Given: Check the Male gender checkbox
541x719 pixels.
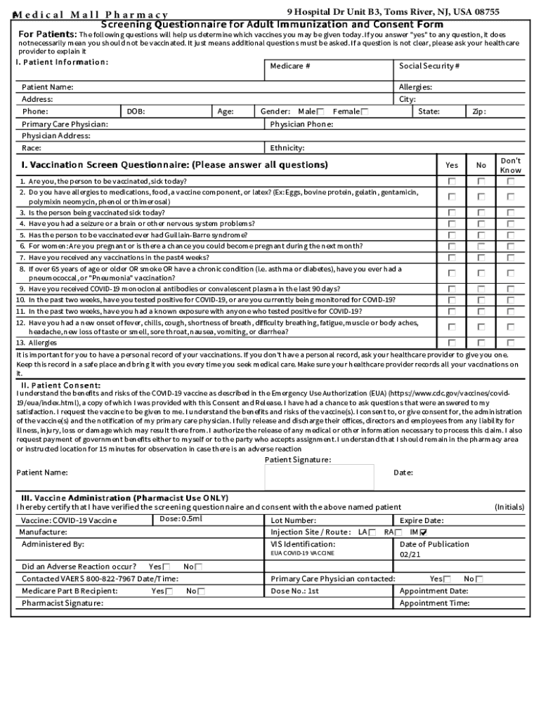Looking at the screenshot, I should [320, 112].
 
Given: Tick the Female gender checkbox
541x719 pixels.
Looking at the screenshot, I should [364, 112].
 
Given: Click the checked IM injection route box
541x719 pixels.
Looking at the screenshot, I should [423, 532].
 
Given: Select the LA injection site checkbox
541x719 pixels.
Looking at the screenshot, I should [372, 532].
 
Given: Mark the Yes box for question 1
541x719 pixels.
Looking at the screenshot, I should [452, 181].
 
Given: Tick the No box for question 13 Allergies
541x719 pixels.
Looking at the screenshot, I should [481, 343].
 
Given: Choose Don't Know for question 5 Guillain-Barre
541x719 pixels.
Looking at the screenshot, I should [511, 235].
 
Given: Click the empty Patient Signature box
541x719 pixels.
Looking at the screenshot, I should [325, 477].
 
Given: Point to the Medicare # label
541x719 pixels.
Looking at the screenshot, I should [290, 66].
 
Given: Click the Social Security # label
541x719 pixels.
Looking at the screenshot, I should [429, 66].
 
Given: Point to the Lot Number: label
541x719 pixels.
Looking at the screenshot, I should [294, 520].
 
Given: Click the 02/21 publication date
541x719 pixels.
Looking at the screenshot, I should [410, 555].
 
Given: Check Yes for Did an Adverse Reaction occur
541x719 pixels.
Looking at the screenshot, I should [167, 567].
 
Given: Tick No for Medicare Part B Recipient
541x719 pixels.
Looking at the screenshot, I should [202, 591].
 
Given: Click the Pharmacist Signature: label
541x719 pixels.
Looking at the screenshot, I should [63, 603].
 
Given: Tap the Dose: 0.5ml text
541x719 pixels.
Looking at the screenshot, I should [181, 519].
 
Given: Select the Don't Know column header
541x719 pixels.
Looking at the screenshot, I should [511, 166].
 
